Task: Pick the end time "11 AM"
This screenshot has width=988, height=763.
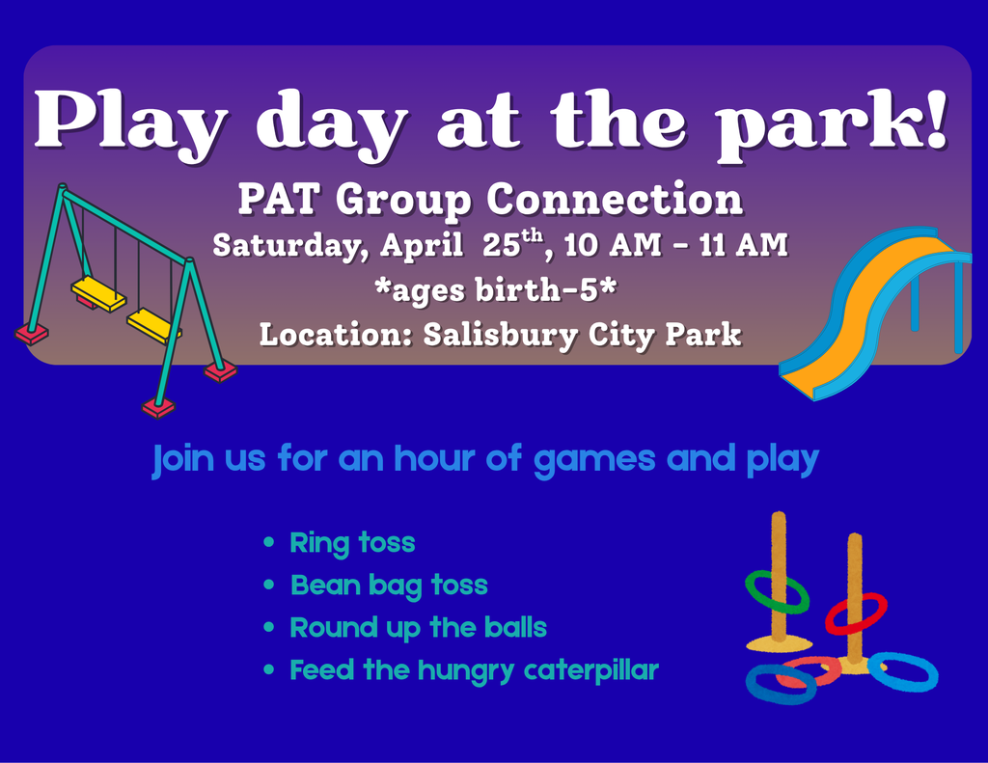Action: tap(743, 245)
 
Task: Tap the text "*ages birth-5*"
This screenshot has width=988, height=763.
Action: tap(495, 289)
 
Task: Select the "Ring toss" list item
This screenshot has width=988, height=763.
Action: tap(352, 543)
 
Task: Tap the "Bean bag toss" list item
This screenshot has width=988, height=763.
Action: tap(389, 586)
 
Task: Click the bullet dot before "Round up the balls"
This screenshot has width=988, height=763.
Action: tap(270, 629)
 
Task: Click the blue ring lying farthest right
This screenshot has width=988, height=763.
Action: tap(905, 672)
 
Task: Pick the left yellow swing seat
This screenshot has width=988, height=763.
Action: tap(97, 292)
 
